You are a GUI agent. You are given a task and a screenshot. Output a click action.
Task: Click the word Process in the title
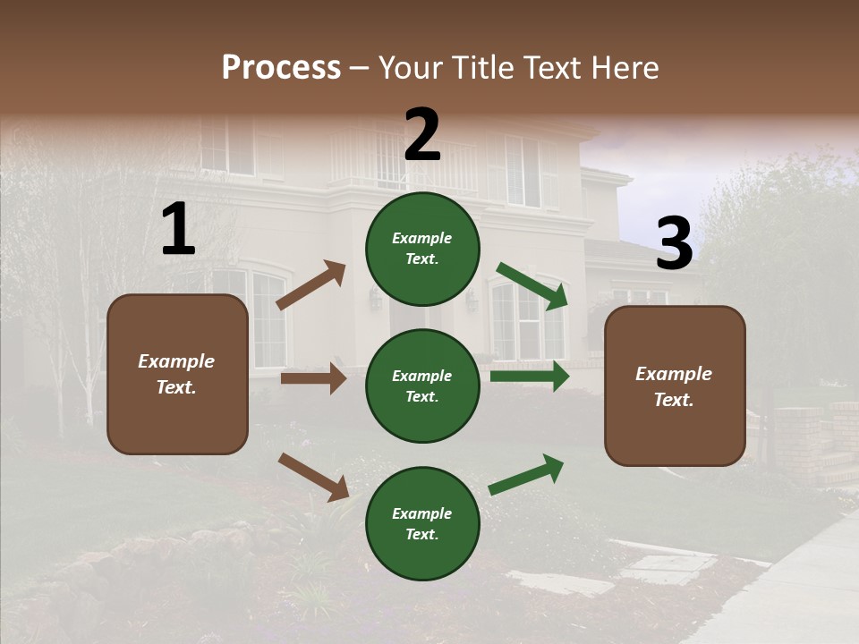[x=281, y=68]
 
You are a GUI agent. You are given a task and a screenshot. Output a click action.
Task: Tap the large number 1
[x=178, y=230]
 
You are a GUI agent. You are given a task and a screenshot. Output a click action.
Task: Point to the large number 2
[x=422, y=135]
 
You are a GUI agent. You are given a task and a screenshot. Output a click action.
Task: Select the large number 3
[x=674, y=243]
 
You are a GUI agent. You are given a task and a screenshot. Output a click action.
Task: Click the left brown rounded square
[x=177, y=374]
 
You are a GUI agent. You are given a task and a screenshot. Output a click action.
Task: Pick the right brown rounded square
[x=675, y=386]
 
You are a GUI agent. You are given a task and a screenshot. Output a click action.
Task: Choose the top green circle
[x=422, y=249]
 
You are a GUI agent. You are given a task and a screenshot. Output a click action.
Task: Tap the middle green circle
[x=422, y=386]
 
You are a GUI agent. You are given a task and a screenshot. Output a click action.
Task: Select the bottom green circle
[x=422, y=523]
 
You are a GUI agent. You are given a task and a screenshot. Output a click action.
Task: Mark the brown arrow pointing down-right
[x=313, y=477]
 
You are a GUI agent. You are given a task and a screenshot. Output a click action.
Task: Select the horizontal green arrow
[x=529, y=377]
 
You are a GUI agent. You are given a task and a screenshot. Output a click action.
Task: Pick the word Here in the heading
[x=624, y=68]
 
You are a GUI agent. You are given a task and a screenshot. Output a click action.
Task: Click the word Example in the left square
[x=176, y=361]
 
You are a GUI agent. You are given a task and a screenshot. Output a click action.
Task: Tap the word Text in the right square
[x=673, y=400]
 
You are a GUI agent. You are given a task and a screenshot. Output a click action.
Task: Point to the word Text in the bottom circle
[x=421, y=534]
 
